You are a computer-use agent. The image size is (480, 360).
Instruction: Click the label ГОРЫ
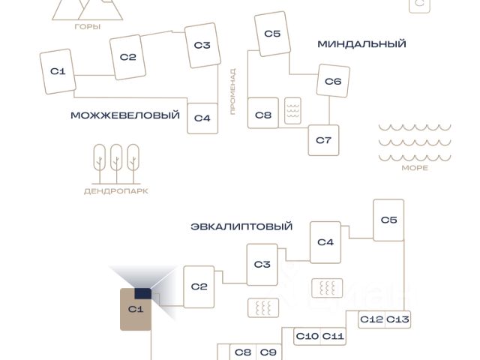click(x=88, y=26)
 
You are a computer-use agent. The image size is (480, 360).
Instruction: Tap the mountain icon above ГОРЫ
click(x=88, y=9)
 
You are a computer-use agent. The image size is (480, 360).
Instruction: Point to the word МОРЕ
click(x=415, y=168)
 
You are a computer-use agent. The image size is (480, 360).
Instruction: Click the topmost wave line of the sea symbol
click(x=415, y=127)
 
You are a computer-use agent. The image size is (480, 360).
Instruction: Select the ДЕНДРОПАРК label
click(x=116, y=191)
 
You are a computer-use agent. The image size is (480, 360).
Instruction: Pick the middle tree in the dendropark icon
click(x=116, y=161)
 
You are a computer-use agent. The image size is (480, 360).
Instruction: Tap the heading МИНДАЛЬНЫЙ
click(x=361, y=44)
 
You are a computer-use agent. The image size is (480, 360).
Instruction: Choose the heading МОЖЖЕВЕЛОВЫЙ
click(x=125, y=115)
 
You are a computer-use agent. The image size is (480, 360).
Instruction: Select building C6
click(x=333, y=81)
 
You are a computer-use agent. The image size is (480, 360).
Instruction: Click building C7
click(x=323, y=140)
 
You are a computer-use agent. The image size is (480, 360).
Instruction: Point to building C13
click(x=398, y=319)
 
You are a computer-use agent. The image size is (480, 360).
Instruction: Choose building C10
click(x=307, y=336)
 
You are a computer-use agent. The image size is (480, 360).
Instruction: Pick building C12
click(x=371, y=319)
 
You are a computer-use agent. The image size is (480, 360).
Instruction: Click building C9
click(x=268, y=352)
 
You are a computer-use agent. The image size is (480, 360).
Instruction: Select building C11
click(x=333, y=336)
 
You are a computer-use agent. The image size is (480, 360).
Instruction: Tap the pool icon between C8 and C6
click(x=292, y=112)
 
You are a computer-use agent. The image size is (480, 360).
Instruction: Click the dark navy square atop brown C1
click(x=142, y=294)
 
